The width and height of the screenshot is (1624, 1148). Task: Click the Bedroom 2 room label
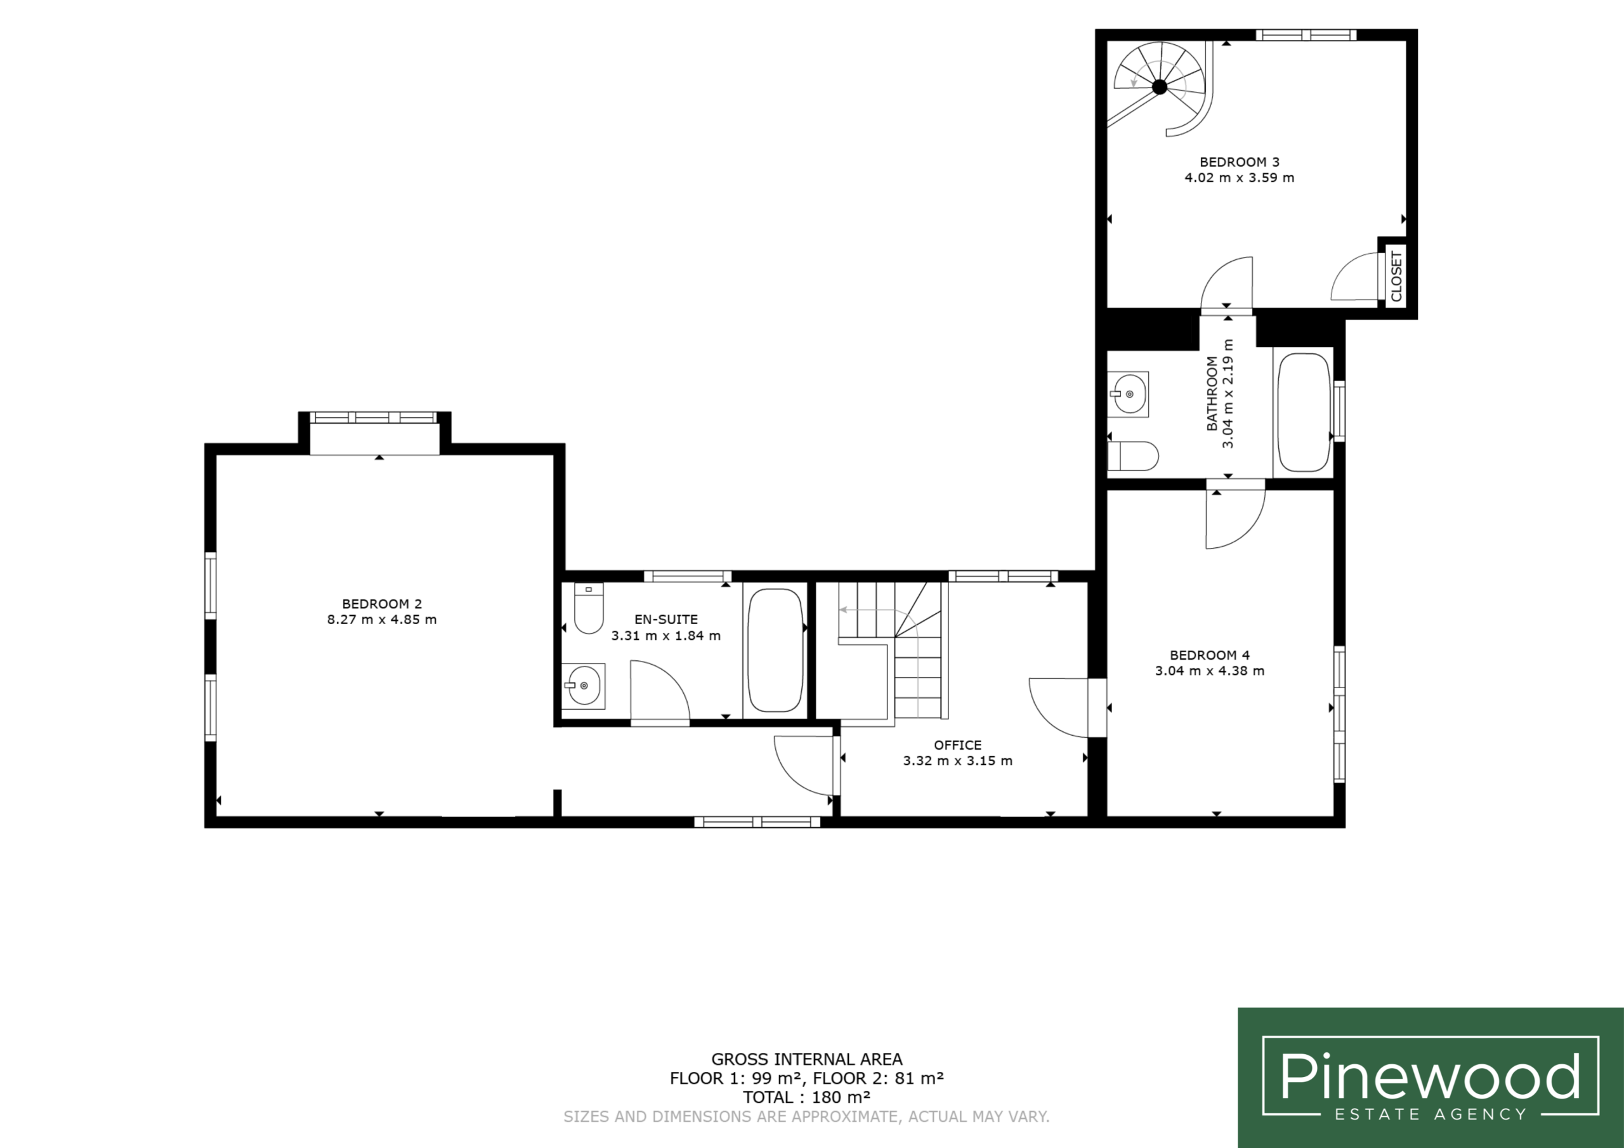coord(382,604)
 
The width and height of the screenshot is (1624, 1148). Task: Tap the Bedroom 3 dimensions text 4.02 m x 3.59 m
coord(1239,178)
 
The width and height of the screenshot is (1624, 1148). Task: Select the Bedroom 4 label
coord(1210,655)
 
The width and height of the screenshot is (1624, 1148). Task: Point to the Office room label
coord(958,745)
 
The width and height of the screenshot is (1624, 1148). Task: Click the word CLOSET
coord(1396,277)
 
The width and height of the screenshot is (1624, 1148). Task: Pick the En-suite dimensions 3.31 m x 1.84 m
coord(665,635)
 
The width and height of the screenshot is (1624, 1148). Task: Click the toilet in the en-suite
coord(589,608)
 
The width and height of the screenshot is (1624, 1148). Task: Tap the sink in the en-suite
coord(584,686)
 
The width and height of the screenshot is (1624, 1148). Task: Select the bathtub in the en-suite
coord(775,650)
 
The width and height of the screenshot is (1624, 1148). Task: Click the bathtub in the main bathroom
coord(1304,412)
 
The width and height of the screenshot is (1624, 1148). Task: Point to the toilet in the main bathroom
coord(1132,456)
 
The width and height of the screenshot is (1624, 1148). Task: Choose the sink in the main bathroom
coord(1127,393)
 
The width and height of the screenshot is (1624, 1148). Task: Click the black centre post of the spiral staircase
coord(1160,87)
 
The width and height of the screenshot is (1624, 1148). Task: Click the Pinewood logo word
coord(1430,1076)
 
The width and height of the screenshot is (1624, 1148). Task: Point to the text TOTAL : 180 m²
coord(806,1097)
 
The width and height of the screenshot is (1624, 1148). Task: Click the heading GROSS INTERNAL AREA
coord(806,1059)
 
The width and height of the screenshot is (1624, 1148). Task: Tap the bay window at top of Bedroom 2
coord(374,417)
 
